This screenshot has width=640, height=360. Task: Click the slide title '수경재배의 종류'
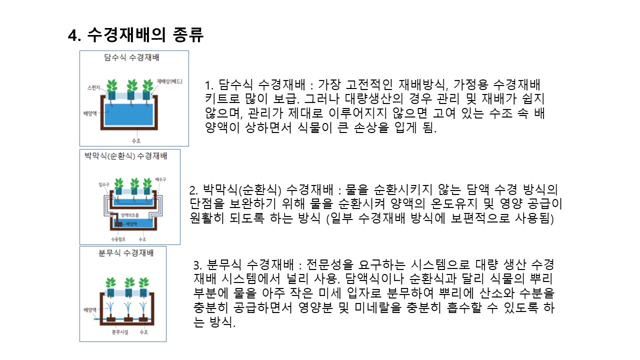click(x=144, y=35)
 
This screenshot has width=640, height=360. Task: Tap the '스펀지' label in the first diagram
click(x=94, y=87)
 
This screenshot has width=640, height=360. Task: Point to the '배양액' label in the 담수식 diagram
click(x=90, y=112)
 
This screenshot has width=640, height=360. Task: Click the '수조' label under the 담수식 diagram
click(x=135, y=141)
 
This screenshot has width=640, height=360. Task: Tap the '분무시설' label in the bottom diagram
click(x=120, y=331)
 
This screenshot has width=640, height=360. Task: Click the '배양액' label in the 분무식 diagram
click(x=89, y=310)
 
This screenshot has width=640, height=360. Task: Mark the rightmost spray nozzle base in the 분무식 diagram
click(x=144, y=318)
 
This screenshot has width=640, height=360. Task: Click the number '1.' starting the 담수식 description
click(x=209, y=84)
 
